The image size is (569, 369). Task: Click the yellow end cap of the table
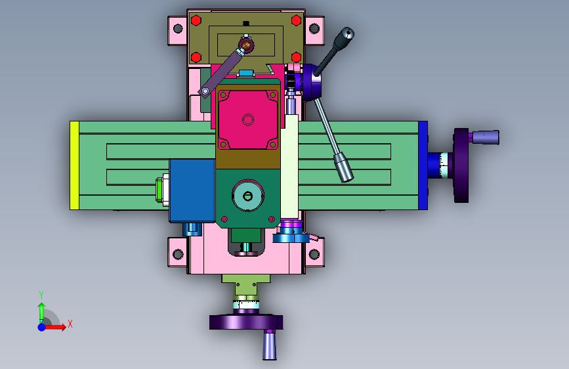tap(74, 165)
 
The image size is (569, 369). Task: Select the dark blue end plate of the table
tap(423, 165)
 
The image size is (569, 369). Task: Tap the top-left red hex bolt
tap(196, 20)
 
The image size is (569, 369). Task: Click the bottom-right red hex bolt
tap(296, 57)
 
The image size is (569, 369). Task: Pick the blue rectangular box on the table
tap(192, 190)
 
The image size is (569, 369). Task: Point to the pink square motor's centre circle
tap(248, 119)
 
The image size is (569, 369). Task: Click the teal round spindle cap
tap(248, 196)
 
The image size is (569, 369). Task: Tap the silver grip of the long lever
tap(343, 167)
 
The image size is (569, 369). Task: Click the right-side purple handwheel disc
tap(461, 165)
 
